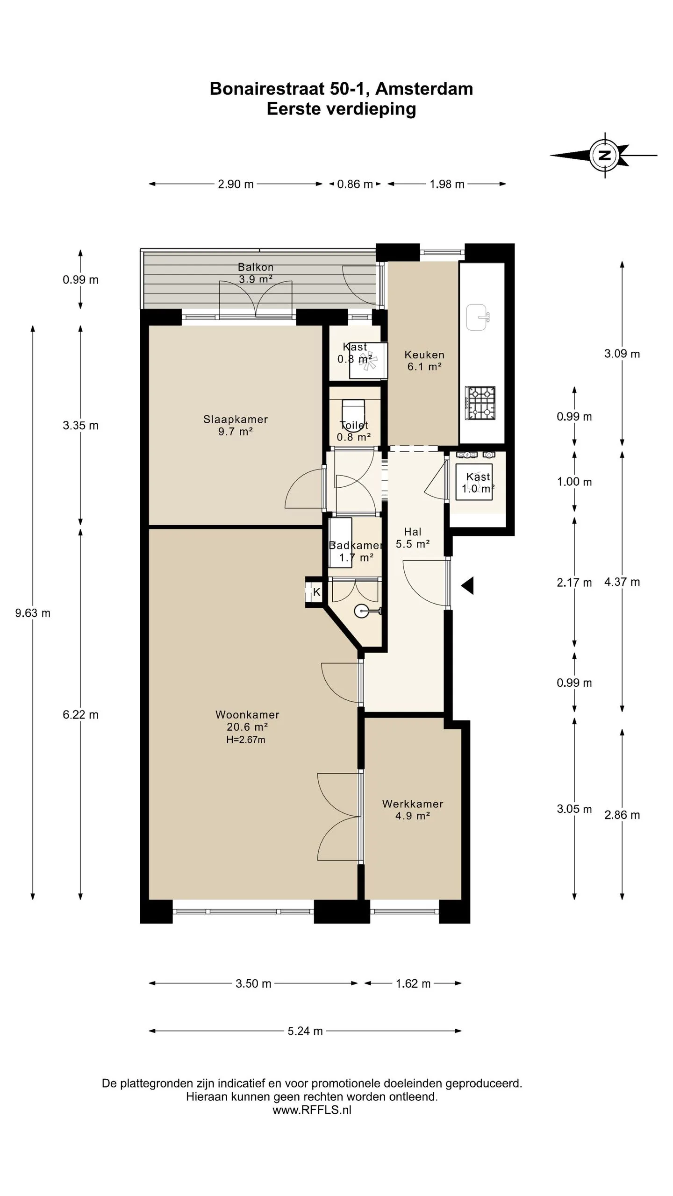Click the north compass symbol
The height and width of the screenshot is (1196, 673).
[x=605, y=155]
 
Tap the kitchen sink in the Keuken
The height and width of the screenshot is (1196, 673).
[x=478, y=317]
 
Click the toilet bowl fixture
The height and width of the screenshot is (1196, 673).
[x=353, y=410]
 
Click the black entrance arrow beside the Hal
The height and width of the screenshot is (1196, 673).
[x=467, y=585]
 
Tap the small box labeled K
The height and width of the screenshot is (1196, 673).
[x=316, y=592]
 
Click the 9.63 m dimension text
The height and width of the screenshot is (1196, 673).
[x=33, y=613]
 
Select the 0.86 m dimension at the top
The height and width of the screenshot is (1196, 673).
[x=355, y=184]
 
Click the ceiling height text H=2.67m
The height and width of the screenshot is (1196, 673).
[x=246, y=740]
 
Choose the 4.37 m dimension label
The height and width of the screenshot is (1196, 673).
[x=622, y=582]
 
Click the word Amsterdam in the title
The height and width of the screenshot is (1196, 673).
[x=424, y=89]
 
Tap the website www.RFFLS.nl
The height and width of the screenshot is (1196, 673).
[x=312, y=1110]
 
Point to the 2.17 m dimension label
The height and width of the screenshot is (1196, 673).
[x=574, y=583]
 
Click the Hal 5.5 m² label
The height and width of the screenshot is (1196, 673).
[x=413, y=538]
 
